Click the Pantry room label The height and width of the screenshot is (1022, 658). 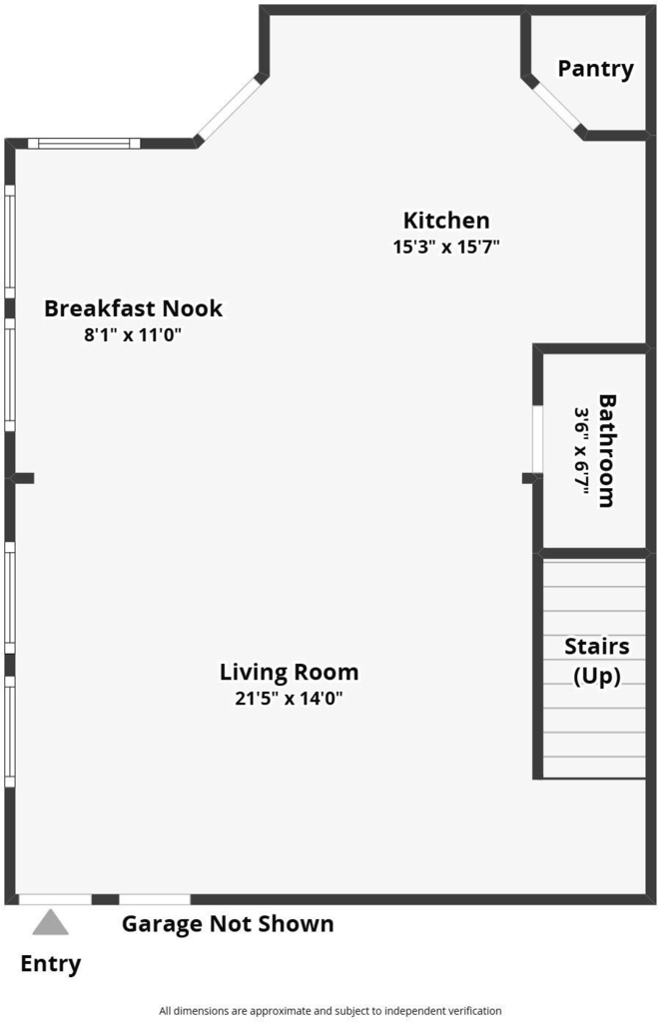click(x=595, y=69)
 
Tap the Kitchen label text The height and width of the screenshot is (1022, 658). click(x=446, y=221)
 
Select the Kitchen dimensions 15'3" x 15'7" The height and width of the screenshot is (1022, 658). click(x=446, y=248)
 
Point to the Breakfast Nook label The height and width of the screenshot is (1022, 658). click(x=133, y=308)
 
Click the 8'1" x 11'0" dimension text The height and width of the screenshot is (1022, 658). click(x=133, y=335)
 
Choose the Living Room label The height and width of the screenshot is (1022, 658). click(x=289, y=672)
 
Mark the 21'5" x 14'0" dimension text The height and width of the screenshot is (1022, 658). click(x=289, y=699)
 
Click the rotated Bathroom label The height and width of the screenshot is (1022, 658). click(x=606, y=450)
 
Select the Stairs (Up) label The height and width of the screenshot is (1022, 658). click(x=597, y=661)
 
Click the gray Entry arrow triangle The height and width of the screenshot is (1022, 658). click(x=51, y=923)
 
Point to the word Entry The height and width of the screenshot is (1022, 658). click(x=51, y=963)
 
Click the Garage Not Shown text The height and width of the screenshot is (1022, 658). click(x=228, y=924)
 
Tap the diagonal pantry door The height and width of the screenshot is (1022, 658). click(x=556, y=108)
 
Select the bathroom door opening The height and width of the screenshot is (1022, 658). click(x=537, y=439)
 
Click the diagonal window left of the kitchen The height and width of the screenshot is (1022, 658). click(x=229, y=109)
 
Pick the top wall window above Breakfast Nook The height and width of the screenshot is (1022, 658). click(x=84, y=144)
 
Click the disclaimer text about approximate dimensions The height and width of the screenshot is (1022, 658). click(x=329, y=1011)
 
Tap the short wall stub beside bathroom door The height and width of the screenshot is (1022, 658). click(x=530, y=478)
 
